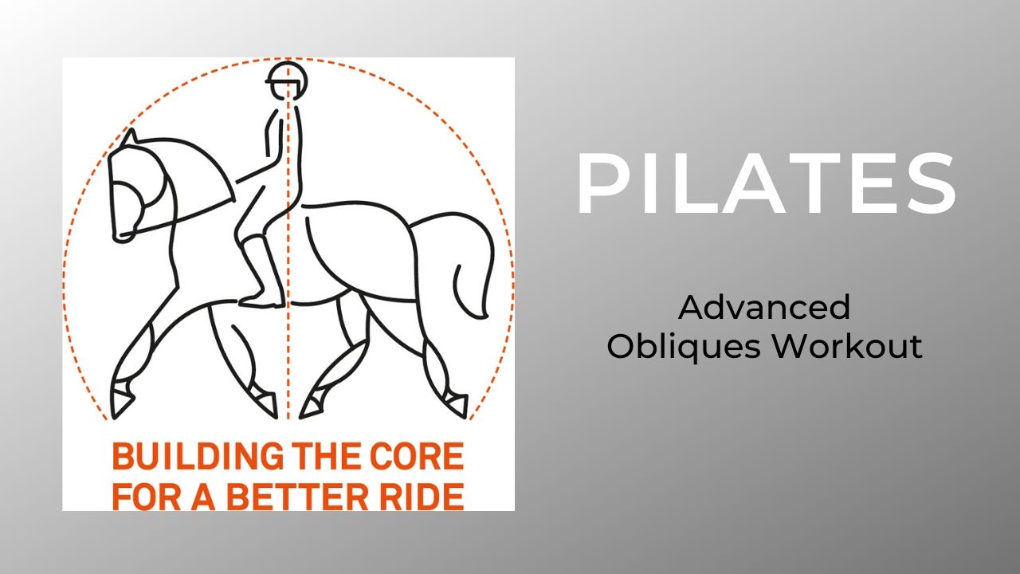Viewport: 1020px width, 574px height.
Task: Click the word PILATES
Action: coord(765,186)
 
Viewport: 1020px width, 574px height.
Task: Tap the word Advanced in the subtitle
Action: coord(764,307)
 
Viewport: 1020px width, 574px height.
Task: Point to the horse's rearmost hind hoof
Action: coord(457,403)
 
